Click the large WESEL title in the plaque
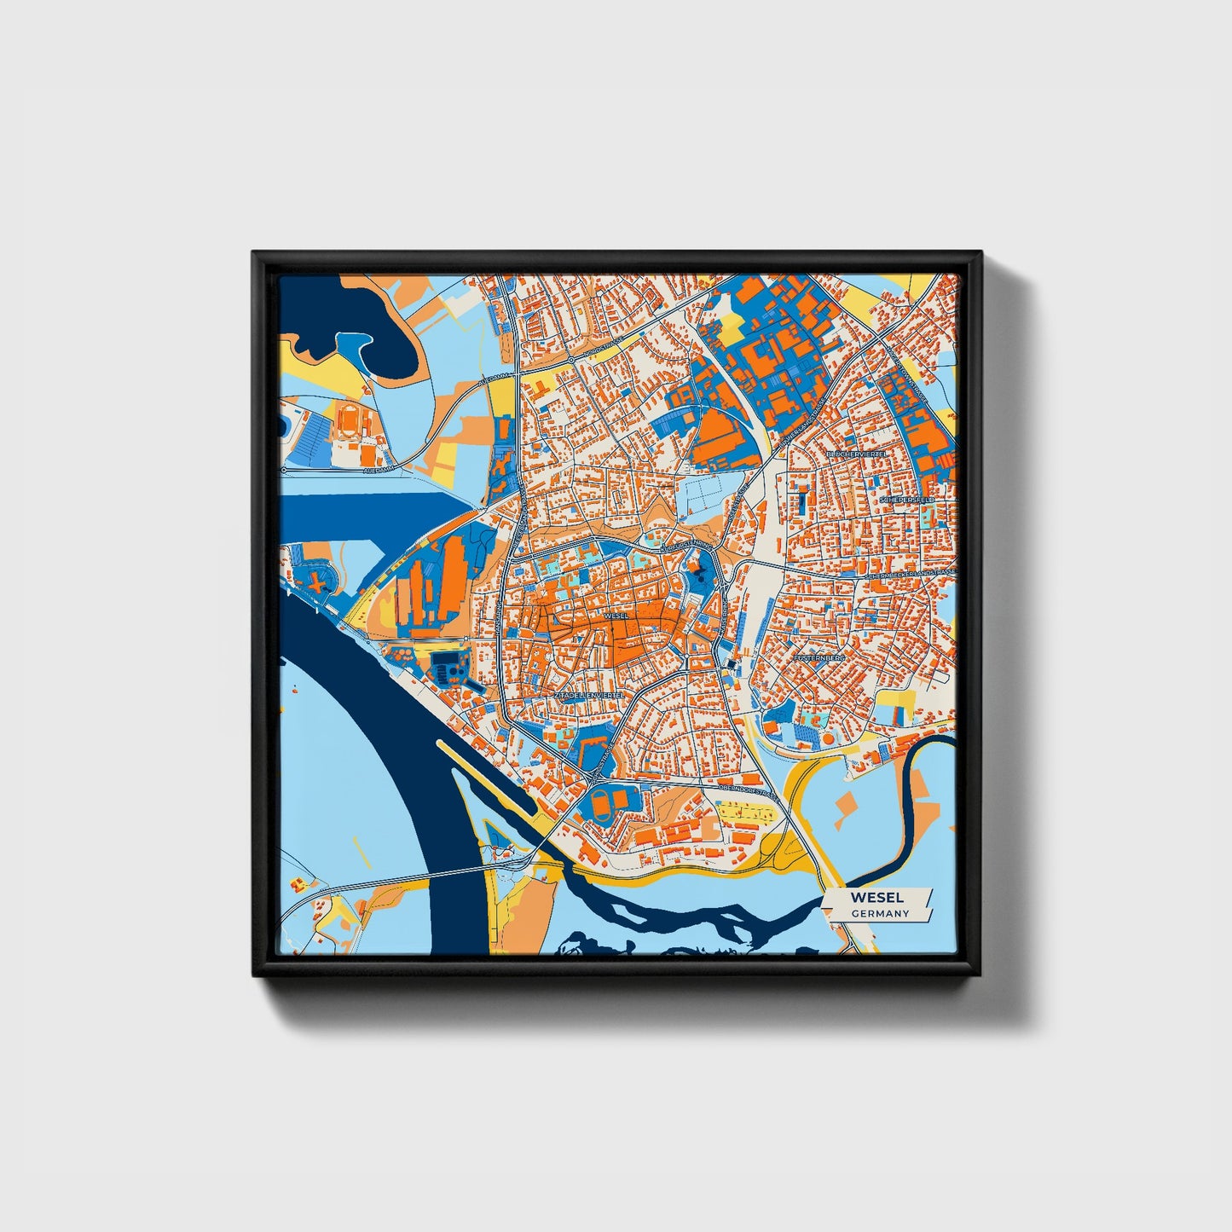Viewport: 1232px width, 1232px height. tap(876, 898)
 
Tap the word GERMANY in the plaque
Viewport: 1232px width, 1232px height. tap(880, 914)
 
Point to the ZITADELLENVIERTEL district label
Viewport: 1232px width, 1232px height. tap(588, 696)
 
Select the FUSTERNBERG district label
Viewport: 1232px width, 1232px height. tap(818, 659)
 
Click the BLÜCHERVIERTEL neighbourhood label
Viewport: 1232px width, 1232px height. tap(857, 455)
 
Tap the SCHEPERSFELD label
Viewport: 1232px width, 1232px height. tap(911, 499)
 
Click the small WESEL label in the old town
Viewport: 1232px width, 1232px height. tap(615, 615)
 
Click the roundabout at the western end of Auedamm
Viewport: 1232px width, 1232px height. tap(284, 471)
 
